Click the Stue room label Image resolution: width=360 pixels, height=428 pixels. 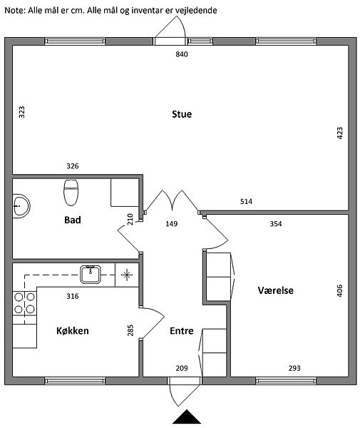pyautogui.click(x=182, y=114)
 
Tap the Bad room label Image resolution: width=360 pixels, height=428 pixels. pyautogui.click(x=73, y=220)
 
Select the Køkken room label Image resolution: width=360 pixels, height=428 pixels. pyautogui.click(x=73, y=330)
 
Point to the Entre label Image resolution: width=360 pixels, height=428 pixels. pyautogui.click(x=182, y=330)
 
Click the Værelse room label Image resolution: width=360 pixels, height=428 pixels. pyautogui.click(x=276, y=290)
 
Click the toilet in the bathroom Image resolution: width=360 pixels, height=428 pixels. pyautogui.click(x=71, y=192)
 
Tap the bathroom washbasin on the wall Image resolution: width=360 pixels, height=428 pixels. pyautogui.click(x=21, y=205)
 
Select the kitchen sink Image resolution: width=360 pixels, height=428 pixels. pyautogui.click(x=91, y=274)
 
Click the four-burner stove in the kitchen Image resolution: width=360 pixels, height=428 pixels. pyautogui.click(x=24, y=303)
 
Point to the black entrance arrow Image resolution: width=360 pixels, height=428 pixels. pyautogui.click(x=187, y=417)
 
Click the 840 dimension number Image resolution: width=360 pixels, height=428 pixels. pyautogui.click(x=182, y=54)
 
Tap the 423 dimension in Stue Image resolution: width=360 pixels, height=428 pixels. pyautogui.click(x=340, y=133)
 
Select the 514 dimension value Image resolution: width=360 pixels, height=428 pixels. pyautogui.click(x=246, y=201)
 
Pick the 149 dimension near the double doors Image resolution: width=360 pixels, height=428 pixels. pyautogui.click(x=172, y=224)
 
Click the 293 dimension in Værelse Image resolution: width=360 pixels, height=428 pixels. pyautogui.click(x=294, y=368)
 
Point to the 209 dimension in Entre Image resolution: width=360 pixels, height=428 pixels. pyautogui.click(x=182, y=368)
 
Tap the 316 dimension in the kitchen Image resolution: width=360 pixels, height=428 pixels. pyautogui.click(x=73, y=296)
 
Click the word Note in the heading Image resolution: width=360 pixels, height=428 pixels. pyautogui.click(x=14, y=11)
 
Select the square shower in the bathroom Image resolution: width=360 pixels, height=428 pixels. pyautogui.click(x=125, y=193)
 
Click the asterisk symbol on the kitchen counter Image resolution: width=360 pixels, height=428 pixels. pyautogui.click(x=127, y=275)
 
